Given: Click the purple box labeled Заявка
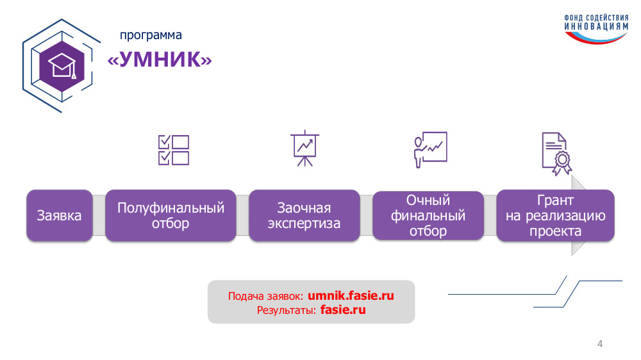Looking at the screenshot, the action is click(x=60, y=215).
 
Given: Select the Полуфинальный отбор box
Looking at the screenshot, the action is click(x=171, y=215).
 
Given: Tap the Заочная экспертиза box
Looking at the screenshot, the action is click(x=304, y=215).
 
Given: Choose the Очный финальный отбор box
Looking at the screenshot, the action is click(x=428, y=215).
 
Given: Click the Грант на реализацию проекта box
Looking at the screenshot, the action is click(x=555, y=215).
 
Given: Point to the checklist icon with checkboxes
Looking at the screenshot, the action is click(x=174, y=150).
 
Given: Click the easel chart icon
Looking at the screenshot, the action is click(x=304, y=149).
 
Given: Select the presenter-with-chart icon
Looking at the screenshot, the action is click(x=431, y=149).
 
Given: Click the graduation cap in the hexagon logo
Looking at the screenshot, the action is click(x=62, y=66).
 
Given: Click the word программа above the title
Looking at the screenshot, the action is click(x=151, y=35).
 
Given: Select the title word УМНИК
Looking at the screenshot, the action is click(x=160, y=59).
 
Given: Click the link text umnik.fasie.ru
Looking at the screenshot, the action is click(x=351, y=295).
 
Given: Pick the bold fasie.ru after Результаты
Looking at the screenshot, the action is click(x=343, y=310).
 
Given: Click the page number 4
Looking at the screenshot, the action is click(x=600, y=343).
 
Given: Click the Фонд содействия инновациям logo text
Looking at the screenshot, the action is click(x=596, y=22).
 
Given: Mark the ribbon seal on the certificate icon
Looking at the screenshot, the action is click(x=563, y=163).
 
